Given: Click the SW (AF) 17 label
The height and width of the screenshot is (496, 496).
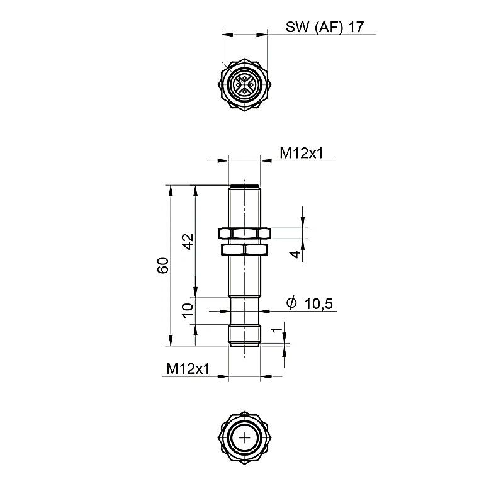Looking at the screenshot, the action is pyautogui.click(x=325, y=27).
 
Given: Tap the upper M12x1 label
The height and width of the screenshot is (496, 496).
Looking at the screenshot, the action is pyautogui.click(x=302, y=153).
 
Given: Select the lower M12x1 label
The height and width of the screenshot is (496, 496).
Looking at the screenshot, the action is pyautogui.click(x=188, y=368).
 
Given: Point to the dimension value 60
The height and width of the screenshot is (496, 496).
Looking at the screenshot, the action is pyautogui.click(x=163, y=266).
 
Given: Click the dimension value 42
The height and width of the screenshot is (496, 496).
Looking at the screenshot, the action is pyautogui.click(x=189, y=242).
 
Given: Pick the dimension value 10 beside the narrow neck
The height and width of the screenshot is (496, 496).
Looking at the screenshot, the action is pyautogui.click(x=188, y=310).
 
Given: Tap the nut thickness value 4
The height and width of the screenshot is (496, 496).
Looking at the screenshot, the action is pyautogui.click(x=295, y=254).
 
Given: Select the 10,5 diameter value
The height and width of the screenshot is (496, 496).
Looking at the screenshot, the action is pyautogui.click(x=318, y=304).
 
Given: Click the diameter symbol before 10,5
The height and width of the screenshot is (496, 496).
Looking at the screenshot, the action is pyautogui.click(x=291, y=302).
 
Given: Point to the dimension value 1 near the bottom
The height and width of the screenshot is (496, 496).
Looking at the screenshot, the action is pyautogui.click(x=277, y=330).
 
